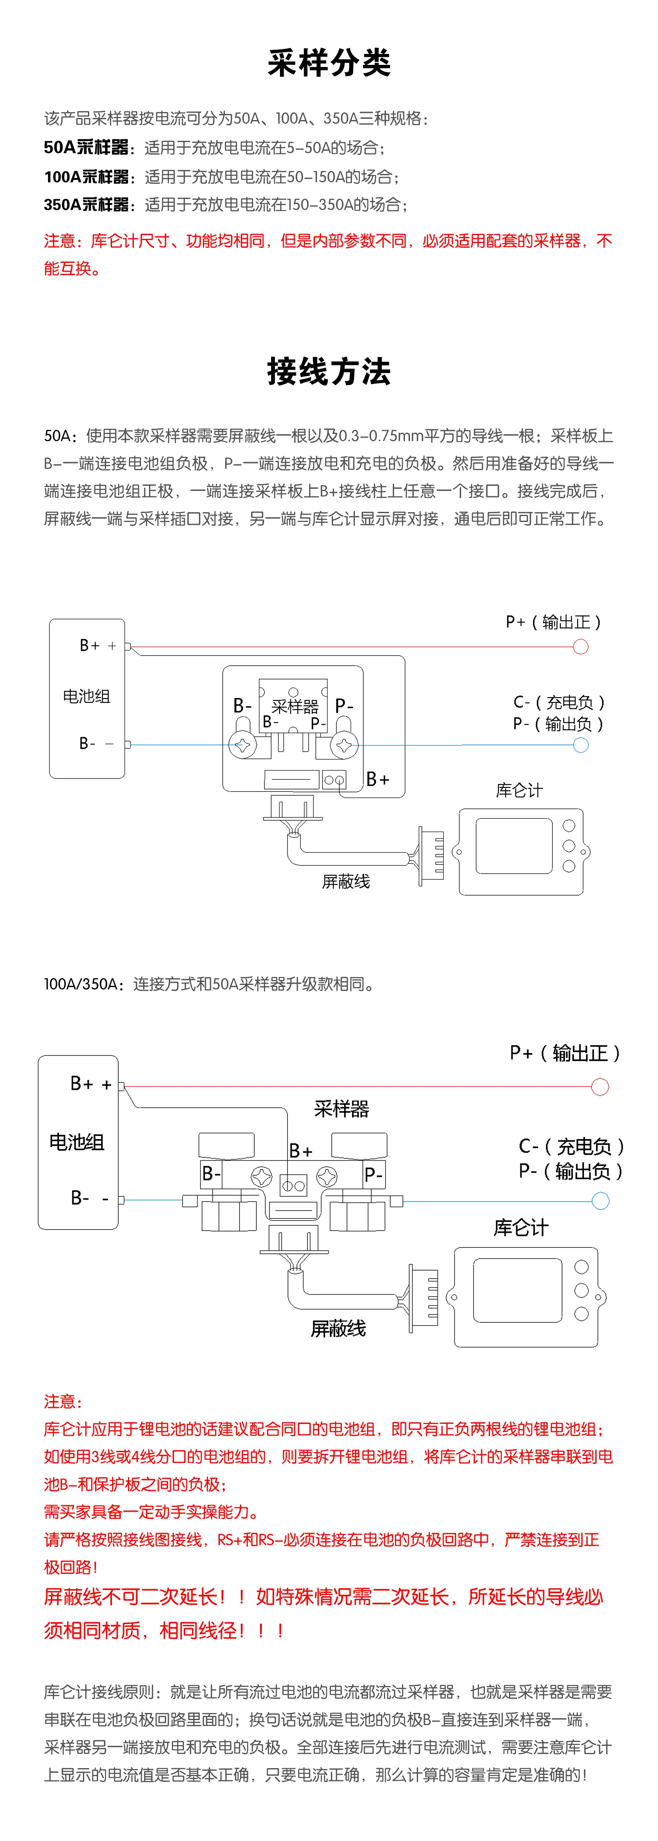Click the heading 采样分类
tap(329, 63)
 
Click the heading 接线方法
tap(329, 372)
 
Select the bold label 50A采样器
tap(86, 147)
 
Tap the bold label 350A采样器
tap(86, 204)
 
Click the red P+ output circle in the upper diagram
tap(581, 647)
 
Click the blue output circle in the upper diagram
tap(581, 745)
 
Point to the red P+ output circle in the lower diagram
tap(600, 1087)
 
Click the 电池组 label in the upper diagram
tap(86, 696)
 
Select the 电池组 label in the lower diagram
tap(77, 1142)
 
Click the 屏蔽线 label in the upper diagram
tap(346, 881)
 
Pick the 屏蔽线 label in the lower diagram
tap(338, 1329)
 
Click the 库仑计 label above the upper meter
tap(519, 790)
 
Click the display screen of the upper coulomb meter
tap(514, 846)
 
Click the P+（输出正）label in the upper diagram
tap(554, 622)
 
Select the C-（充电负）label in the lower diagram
tap(572, 1146)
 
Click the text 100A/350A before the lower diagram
tap(81, 984)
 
